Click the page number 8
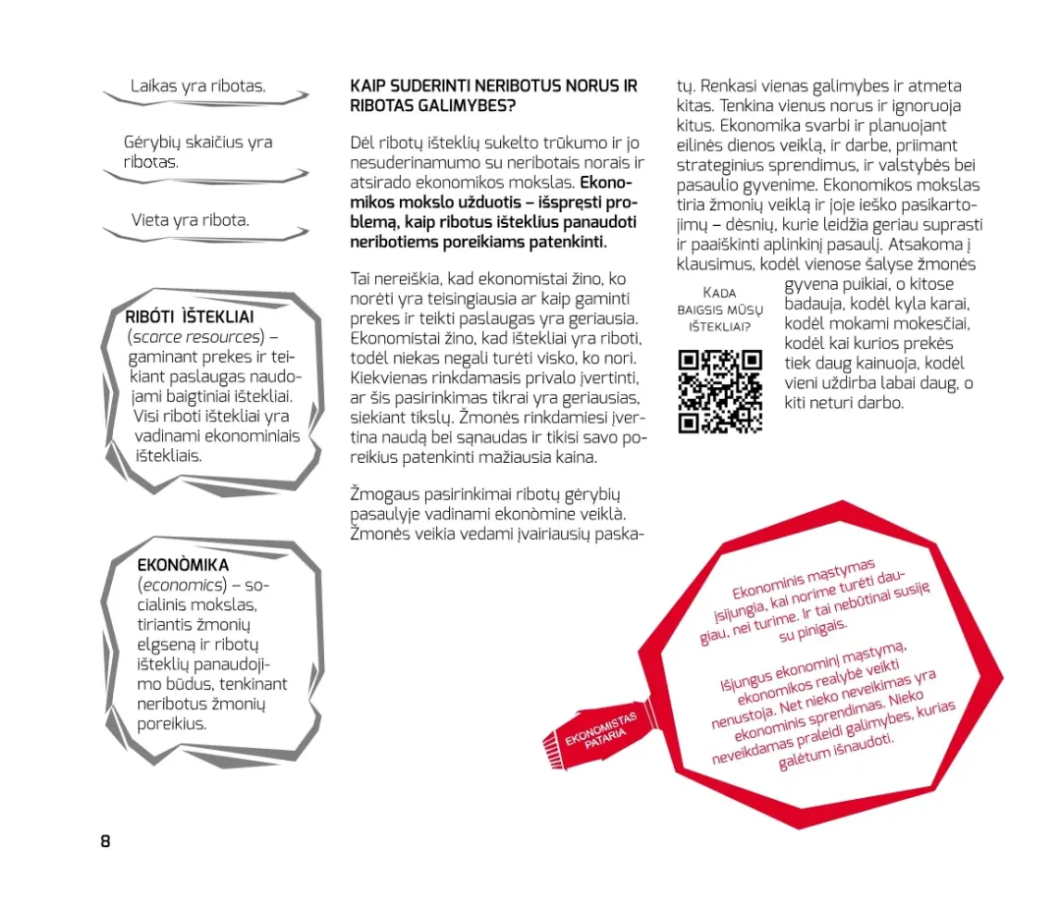pos(105,841)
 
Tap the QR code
pos(720,391)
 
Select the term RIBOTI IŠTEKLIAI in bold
pos(190,317)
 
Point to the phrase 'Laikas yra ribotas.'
pos(198,86)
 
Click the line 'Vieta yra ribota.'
pos(191,220)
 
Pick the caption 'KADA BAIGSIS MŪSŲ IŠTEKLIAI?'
pos(720,309)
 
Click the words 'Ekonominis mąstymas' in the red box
pos(804,581)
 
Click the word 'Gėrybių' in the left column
pos(152,142)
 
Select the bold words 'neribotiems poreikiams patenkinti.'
pos(478,242)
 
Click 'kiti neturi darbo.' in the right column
pos(844,403)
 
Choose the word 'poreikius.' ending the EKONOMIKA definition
pos(172,724)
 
